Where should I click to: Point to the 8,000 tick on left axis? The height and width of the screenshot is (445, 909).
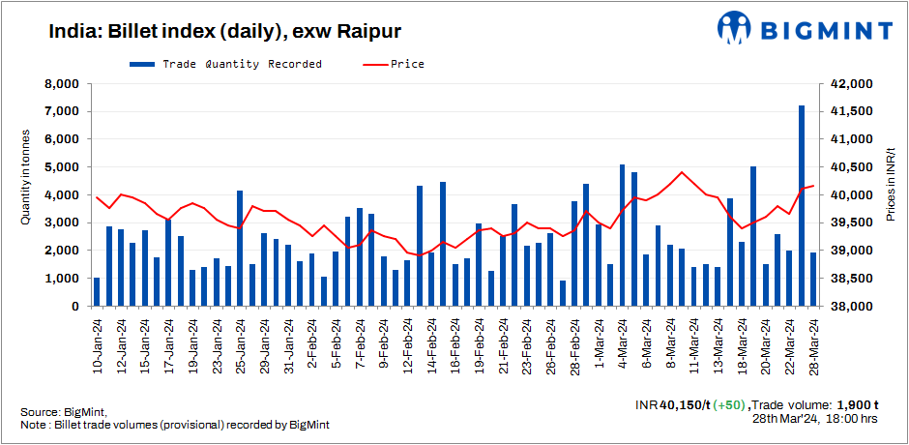tap(61, 84)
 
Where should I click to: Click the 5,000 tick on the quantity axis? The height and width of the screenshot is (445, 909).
tap(61, 167)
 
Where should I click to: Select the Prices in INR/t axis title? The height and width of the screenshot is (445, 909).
tap(891, 185)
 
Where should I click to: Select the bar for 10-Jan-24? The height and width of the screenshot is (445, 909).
tap(97, 291)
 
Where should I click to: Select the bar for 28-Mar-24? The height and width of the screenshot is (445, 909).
tap(813, 280)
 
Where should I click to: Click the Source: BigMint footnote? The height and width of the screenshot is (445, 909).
tap(63, 411)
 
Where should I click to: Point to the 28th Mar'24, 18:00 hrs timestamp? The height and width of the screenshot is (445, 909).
tap(814, 419)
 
